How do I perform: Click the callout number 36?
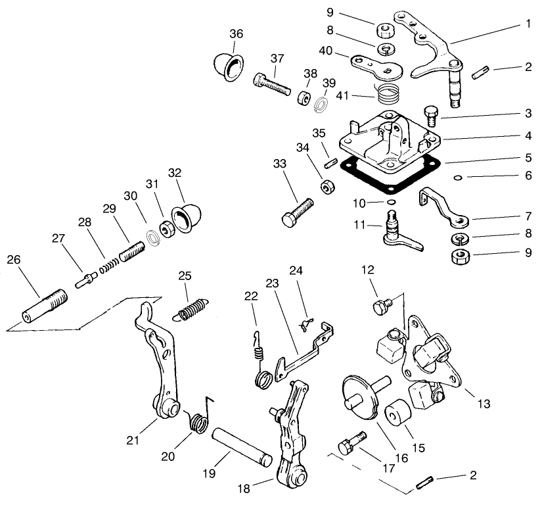(237, 34)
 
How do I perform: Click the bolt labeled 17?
(351, 443)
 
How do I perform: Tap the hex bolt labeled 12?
(380, 305)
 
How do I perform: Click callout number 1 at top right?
(528, 23)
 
